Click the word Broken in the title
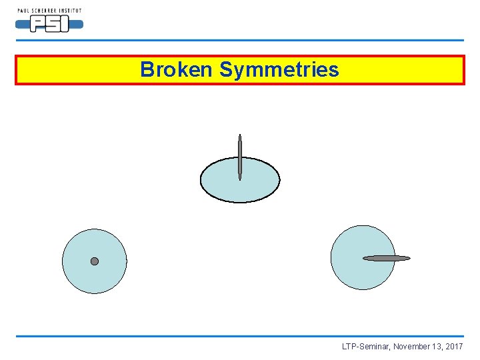[177, 69]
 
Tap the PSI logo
[49, 25]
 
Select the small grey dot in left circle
[95, 261]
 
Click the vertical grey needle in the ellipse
[240, 157]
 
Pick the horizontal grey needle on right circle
[387, 258]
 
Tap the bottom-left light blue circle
[80, 273]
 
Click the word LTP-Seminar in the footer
[366, 347]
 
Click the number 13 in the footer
[437, 347]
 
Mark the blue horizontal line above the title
[240, 40]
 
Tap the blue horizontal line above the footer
[240, 336]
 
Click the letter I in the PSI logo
[65, 25]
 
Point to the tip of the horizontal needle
[409, 258]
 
